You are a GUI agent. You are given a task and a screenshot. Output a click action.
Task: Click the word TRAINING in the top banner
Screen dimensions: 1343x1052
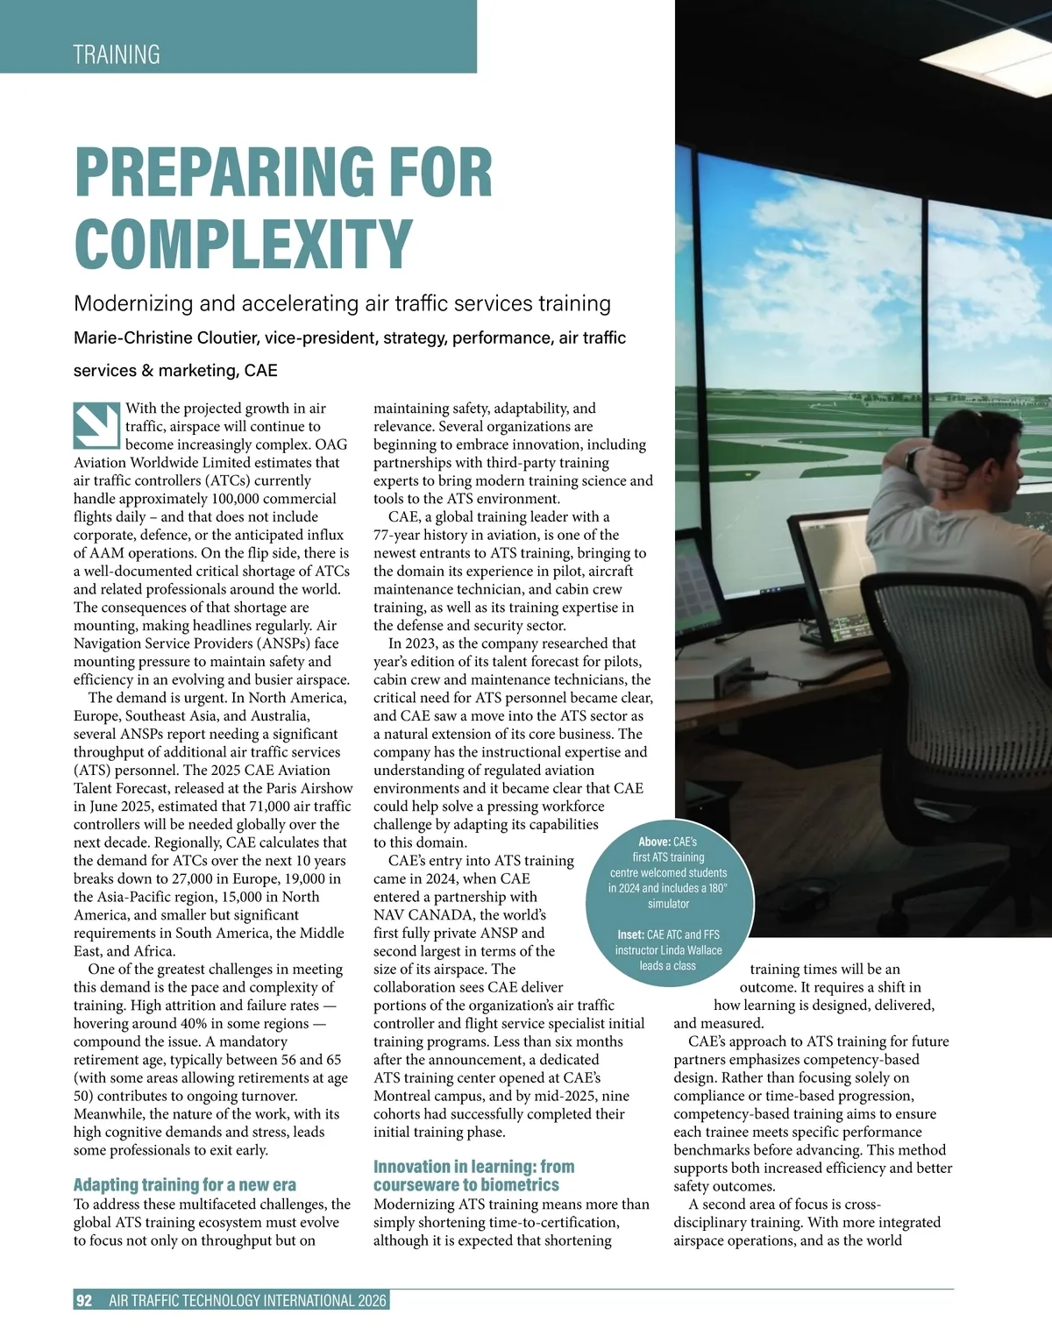click(x=117, y=54)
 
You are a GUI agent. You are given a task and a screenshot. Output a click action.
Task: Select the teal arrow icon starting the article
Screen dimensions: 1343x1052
click(x=96, y=425)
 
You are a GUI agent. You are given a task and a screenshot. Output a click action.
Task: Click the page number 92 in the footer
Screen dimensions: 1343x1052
click(x=84, y=1301)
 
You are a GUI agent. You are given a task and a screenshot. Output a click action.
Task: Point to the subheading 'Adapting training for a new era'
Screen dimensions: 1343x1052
click(x=185, y=1185)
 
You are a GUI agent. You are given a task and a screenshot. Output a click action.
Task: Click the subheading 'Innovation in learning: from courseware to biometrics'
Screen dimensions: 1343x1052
click(x=473, y=1176)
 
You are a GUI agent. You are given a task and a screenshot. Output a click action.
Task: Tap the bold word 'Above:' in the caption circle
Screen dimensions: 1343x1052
click(x=654, y=842)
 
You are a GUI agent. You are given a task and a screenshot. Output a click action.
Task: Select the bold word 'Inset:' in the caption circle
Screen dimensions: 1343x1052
click(x=630, y=934)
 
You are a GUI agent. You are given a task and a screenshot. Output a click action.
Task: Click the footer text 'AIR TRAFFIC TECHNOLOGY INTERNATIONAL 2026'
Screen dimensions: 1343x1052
click(x=247, y=1301)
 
